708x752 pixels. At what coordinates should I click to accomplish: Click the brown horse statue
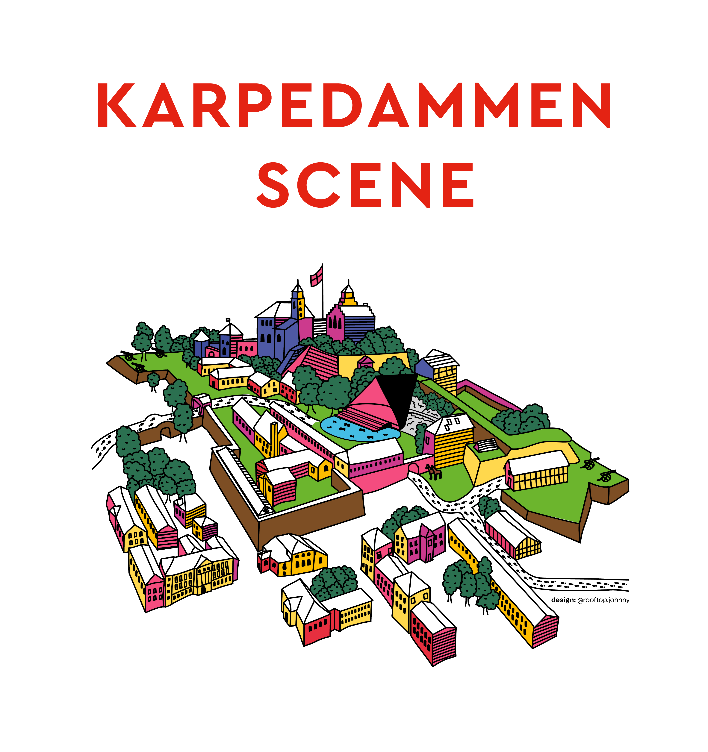(x=434, y=473)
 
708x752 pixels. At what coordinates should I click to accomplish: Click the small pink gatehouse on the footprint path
(x=202, y=401)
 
